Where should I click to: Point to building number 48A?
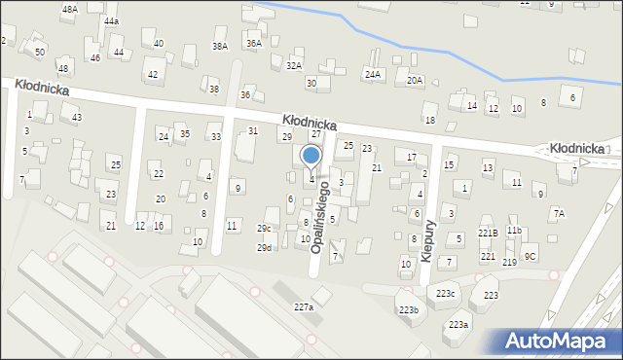coord(69,9)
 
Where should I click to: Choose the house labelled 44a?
coord(112,20)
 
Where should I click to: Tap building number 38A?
coord(220,46)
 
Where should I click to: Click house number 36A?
coord(253,44)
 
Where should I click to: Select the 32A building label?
coord(293,65)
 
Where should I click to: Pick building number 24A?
coord(372,74)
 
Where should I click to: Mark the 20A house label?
coord(415,80)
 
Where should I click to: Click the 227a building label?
coord(304,306)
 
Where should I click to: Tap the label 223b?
coord(408,310)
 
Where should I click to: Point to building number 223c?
coord(445,294)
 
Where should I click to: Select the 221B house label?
coord(488,233)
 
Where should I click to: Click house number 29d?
coord(264,248)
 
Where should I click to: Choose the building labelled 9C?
coord(530,256)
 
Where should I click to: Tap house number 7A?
coord(558,213)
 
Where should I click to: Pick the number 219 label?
coord(509,263)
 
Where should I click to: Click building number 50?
coord(39,52)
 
